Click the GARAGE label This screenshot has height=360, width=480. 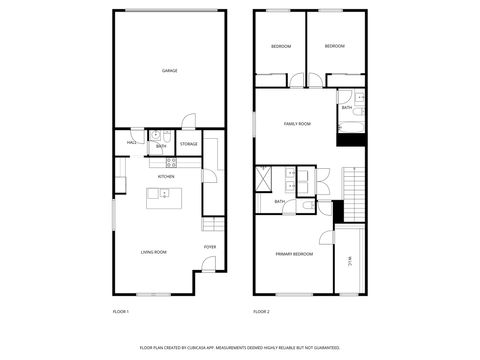click(x=170, y=71)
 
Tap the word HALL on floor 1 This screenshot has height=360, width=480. click(x=131, y=143)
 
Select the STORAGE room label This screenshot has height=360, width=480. click(x=188, y=144)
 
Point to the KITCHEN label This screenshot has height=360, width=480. click(x=166, y=177)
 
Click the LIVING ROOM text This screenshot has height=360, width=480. click(x=153, y=253)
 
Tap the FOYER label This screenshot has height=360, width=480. click(x=210, y=246)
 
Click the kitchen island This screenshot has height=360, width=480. click(x=163, y=195)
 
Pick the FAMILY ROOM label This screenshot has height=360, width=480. click(x=297, y=124)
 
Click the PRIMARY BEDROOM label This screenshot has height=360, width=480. click(x=295, y=255)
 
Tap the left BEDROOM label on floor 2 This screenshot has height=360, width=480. click(x=281, y=47)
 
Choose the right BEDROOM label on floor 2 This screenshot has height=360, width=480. click(x=335, y=47)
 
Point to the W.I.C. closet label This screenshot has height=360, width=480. click(x=350, y=262)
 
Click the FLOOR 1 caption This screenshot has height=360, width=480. click(x=121, y=313)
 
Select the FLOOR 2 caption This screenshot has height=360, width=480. click(x=262, y=313)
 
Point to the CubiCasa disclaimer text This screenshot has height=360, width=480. click(x=240, y=348)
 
